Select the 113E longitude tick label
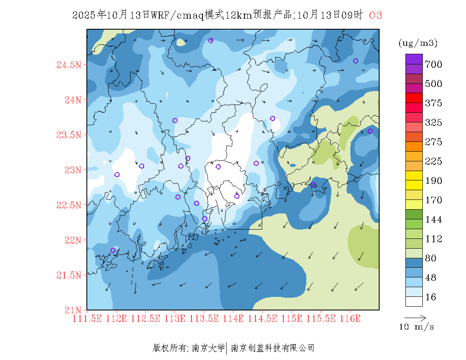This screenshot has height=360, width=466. [x=175, y=318]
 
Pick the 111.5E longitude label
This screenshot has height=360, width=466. [x=87, y=318]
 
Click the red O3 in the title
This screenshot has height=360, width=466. [x=376, y=15]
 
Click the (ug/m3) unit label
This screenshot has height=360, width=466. [x=418, y=43]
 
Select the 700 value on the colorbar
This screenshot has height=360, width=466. [x=434, y=64]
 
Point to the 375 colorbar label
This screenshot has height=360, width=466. [x=434, y=103]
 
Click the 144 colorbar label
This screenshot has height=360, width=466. [x=434, y=219]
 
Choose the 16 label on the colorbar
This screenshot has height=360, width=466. [x=431, y=297]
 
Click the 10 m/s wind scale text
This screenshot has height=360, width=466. [x=417, y=327]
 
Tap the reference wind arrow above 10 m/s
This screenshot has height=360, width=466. [x=415, y=317]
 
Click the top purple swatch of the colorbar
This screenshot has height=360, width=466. [x=414, y=59]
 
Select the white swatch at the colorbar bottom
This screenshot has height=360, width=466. [x=414, y=301]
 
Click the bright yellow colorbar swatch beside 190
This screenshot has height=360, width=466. [x=414, y=175]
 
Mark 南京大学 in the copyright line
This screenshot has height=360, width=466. [x=208, y=348]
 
